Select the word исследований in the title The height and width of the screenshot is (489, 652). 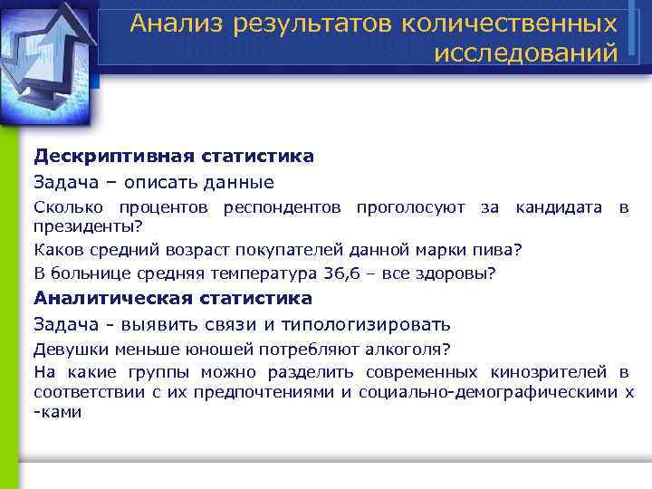coord(526,53)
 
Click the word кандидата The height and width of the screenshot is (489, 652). coord(558,208)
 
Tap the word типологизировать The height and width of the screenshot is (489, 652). coord(379,324)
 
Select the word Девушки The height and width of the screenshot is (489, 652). coord(66,349)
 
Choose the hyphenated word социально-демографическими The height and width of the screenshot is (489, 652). coord(487,391)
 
